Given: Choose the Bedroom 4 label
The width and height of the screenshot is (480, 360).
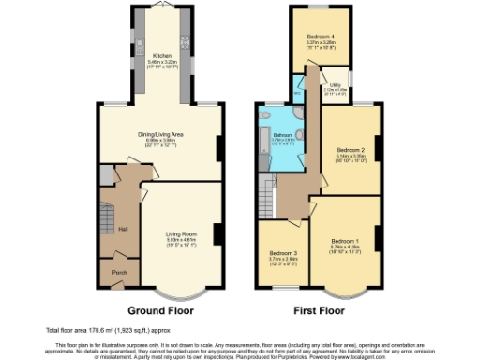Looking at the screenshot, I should pyautogui.click(x=321, y=36).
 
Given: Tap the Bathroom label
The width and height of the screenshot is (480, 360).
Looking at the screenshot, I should pyautogui.click(x=282, y=136).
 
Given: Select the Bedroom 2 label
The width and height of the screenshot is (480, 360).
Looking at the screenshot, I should pyautogui.click(x=351, y=149).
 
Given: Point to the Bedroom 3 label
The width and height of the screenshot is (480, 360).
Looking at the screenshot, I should pyautogui.click(x=283, y=254).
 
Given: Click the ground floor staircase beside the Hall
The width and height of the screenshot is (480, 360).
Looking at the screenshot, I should pyautogui.click(x=106, y=217).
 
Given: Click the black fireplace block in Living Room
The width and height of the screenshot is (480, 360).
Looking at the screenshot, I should pyautogui.click(x=217, y=233).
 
